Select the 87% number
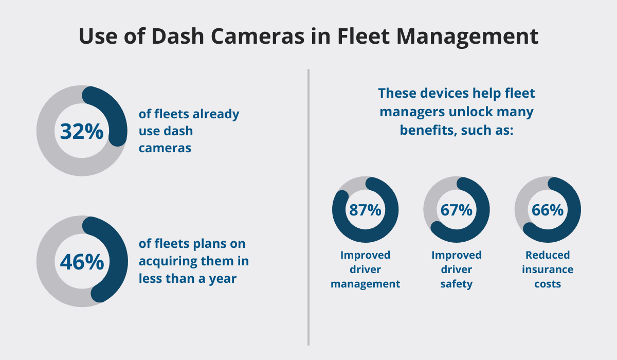(x=365, y=210)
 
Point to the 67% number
(x=456, y=210)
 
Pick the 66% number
(x=548, y=210)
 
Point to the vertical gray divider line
(x=308, y=206)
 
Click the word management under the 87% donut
(x=365, y=284)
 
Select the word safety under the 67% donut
(x=456, y=284)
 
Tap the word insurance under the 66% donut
(x=548, y=269)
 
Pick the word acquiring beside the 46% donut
(x=170, y=261)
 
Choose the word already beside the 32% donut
(x=216, y=114)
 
